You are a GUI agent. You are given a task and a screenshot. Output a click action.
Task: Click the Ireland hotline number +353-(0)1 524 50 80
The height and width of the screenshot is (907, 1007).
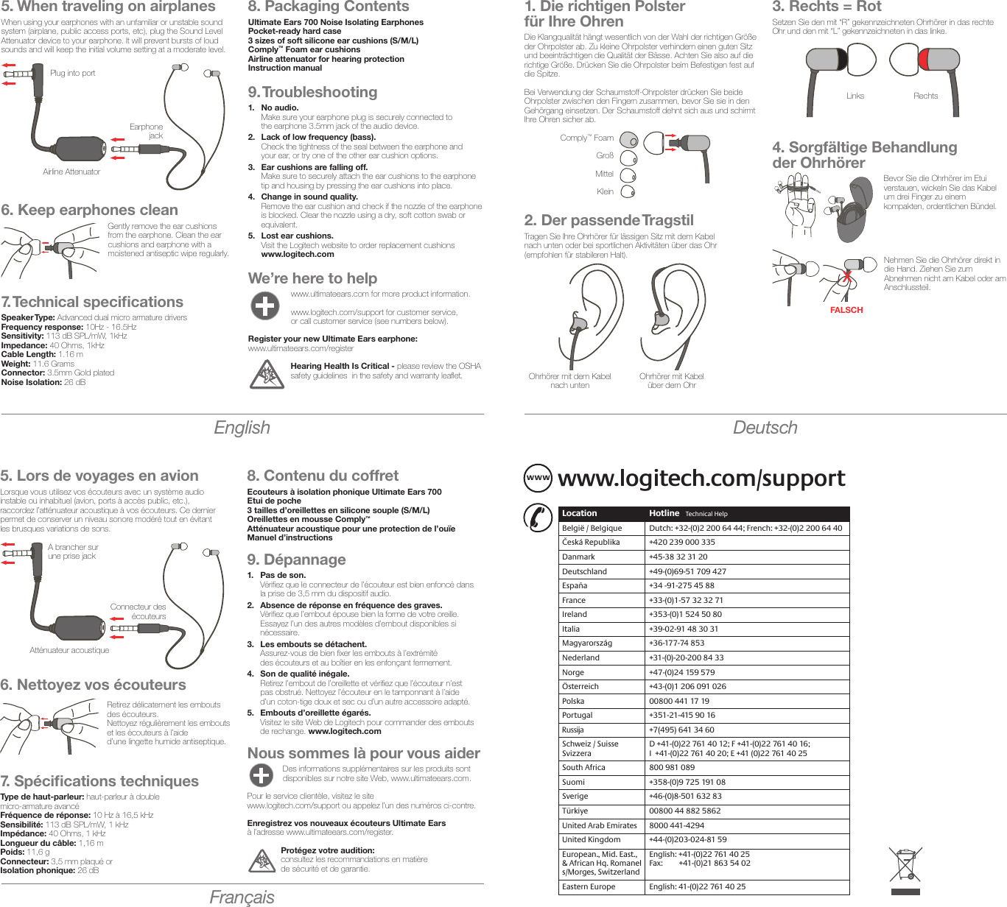[x=685, y=615]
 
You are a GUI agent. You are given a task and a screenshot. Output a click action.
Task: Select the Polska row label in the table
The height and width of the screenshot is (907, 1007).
[x=573, y=701]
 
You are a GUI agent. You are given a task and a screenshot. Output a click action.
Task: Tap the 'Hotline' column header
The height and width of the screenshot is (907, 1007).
[x=664, y=514]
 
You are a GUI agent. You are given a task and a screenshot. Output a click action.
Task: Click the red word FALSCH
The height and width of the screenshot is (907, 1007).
[x=846, y=311]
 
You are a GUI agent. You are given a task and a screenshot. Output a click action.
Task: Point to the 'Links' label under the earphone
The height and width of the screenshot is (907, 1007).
[x=855, y=96]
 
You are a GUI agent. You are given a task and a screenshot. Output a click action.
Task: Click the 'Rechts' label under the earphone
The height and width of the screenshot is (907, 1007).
[x=925, y=96]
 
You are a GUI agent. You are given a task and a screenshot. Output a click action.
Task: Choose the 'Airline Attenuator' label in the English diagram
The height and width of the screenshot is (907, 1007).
[x=71, y=172]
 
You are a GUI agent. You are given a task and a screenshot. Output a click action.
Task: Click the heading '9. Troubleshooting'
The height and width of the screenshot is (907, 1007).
[x=312, y=93]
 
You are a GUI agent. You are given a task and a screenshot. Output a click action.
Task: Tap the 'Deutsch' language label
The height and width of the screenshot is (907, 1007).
[x=765, y=428]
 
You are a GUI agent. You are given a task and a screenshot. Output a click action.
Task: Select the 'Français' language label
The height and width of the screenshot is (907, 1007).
[x=242, y=897]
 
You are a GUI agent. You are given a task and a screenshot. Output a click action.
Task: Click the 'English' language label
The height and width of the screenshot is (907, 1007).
[x=242, y=428]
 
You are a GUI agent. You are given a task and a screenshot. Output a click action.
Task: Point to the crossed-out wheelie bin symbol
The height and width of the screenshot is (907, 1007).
[x=905, y=865]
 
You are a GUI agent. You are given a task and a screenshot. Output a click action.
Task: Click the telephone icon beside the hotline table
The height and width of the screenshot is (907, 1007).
[x=538, y=517]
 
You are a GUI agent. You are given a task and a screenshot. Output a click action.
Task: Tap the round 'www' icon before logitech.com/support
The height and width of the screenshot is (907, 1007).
[x=538, y=478]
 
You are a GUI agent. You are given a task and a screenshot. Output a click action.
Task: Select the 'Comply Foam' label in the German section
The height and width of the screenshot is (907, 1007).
[x=586, y=138]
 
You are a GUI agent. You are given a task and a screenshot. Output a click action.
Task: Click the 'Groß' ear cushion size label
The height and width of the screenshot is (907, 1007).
[x=604, y=156]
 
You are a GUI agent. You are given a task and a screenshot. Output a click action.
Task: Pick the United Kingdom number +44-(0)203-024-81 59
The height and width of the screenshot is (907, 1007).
[x=687, y=840]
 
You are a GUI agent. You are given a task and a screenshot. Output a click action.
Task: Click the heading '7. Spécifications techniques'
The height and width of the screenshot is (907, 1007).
[x=99, y=781]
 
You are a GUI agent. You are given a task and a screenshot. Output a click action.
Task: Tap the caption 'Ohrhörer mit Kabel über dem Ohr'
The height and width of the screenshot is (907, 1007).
[x=671, y=381]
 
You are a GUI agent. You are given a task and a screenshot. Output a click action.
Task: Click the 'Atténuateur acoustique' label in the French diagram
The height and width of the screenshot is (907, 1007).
[x=69, y=651]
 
